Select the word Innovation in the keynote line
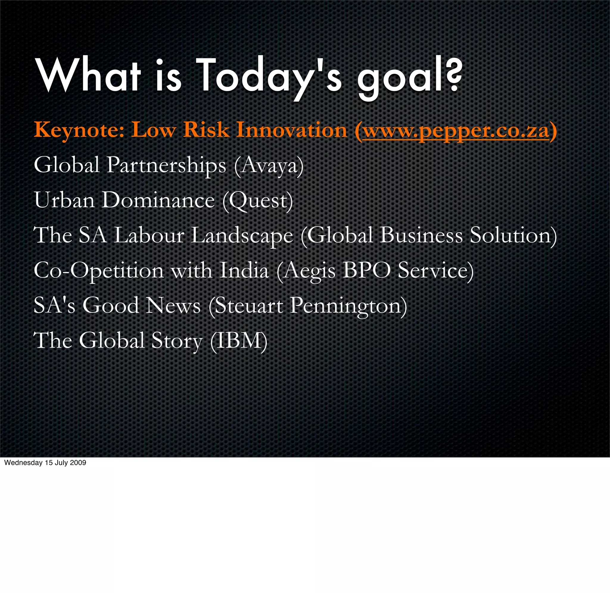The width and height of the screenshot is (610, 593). (x=292, y=129)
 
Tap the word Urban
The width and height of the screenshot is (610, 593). (x=64, y=200)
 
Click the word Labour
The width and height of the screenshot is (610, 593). (x=149, y=235)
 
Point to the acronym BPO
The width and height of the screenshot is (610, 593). (x=366, y=270)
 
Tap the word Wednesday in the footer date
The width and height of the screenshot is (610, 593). (x=23, y=463)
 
